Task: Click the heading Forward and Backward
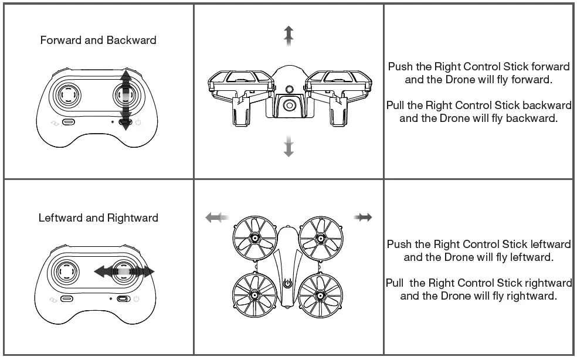tap(98, 40)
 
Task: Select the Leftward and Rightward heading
tap(98, 218)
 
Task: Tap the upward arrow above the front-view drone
tap(288, 35)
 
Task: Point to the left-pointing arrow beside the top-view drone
tap(216, 218)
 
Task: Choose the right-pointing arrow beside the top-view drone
tap(363, 218)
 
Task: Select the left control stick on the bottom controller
tap(69, 271)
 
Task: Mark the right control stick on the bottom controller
tap(125, 271)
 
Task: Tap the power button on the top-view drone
tap(287, 284)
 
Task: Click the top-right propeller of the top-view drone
tap(320, 239)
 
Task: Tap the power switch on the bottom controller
tap(124, 299)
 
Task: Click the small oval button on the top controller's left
tap(69, 123)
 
